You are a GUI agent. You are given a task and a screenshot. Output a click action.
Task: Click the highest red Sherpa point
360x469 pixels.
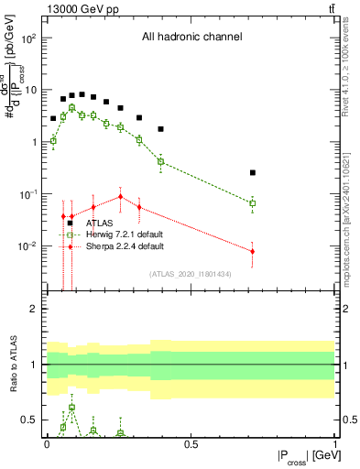tap(120, 196)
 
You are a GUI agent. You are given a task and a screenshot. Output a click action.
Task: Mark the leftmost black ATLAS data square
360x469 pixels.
tap(53, 118)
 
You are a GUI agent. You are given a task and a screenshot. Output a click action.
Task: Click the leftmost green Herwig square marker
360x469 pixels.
tap(53, 141)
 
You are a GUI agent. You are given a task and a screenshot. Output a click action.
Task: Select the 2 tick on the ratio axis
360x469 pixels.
tap(33, 309)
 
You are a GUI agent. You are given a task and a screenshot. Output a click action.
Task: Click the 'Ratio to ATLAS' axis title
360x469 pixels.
tap(14, 365)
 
